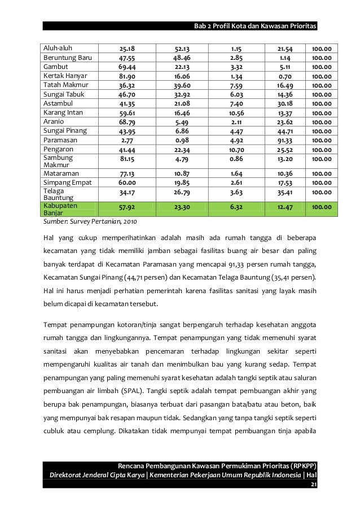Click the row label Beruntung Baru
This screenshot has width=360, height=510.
[x=67, y=57]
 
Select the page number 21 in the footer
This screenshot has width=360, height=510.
[x=314, y=499]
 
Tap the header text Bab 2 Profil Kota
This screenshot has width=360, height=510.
[x=226, y=27]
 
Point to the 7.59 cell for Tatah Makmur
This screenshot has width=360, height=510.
[x=236, y=85]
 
